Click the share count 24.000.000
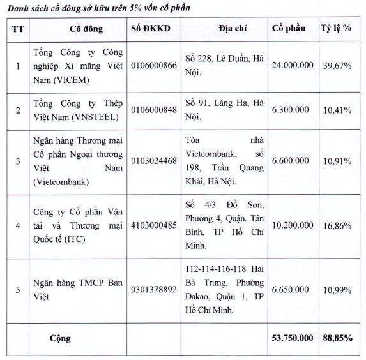[x=293, y=66]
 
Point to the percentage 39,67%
[x=337, y=66]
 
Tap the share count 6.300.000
[x=293, y=110]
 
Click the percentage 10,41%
[x=337, y=110]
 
